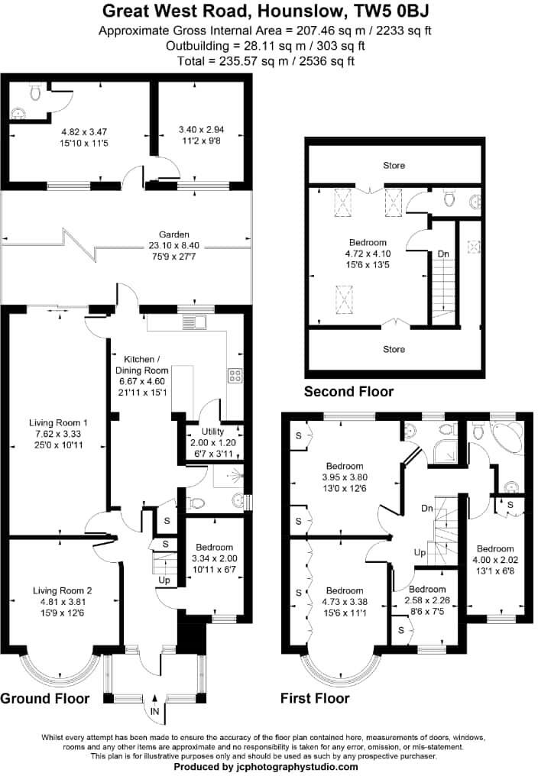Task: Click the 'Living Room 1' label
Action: click(x=59, y=422)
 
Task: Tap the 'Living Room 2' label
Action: click(x=63, y=590)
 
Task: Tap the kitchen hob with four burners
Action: click(x=235, y=375)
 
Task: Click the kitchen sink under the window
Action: click(x=194, y=322)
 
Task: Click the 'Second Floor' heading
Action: click(x=348, y=392)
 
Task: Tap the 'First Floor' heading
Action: click(x=315, y=698)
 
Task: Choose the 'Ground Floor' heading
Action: click(x=45, y=698)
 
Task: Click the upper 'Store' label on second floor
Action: click(x=394, y=165)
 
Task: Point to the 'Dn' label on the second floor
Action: click(x=443, y=254)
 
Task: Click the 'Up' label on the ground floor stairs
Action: click(x=164, y=580)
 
